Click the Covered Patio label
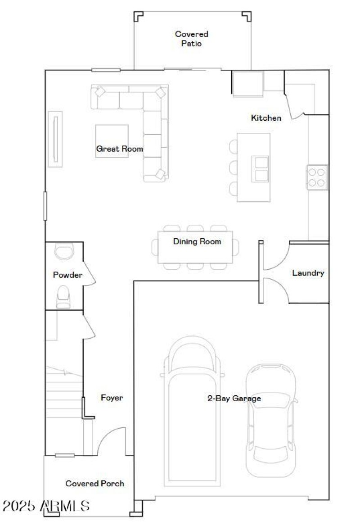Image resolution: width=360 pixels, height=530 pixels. tap(192, 39)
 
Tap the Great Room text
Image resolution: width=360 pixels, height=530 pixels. tap(119, 149)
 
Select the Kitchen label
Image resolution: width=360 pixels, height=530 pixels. tap(266, 118)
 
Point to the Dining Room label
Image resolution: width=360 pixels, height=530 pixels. tap(197, 241)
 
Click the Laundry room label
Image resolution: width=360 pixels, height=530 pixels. tap(308, 273)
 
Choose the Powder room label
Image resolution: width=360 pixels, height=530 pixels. tap(67, 275)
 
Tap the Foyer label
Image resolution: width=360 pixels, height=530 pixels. tap(112, 398)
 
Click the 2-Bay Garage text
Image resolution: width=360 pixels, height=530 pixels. tap(234, 398)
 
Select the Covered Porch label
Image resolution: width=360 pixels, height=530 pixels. tap(95, 483)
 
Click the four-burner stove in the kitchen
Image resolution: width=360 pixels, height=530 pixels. tap(317, 177)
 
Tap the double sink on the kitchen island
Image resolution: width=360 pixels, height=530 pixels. tap(260, 169)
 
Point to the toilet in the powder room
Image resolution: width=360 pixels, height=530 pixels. tap(63, 296)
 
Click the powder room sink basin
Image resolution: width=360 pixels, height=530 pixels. tap(63, 251)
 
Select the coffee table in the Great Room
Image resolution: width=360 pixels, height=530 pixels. tap(112, 140)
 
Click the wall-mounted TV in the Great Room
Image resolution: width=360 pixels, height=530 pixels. tap(55, 139)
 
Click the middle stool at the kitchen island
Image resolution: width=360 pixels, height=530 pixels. tap(234, 168)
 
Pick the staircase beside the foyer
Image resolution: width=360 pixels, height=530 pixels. tap(63, 392)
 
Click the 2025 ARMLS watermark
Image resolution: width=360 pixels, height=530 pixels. tap(45, 506)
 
